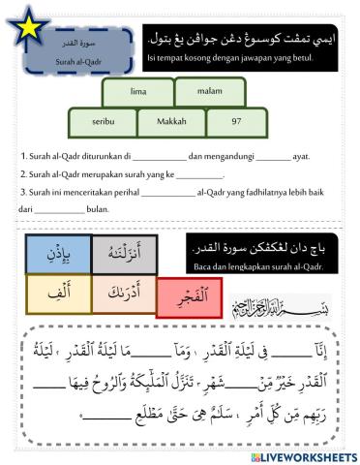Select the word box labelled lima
(x=137, y=91)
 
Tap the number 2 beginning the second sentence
(x=22, y=174)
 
